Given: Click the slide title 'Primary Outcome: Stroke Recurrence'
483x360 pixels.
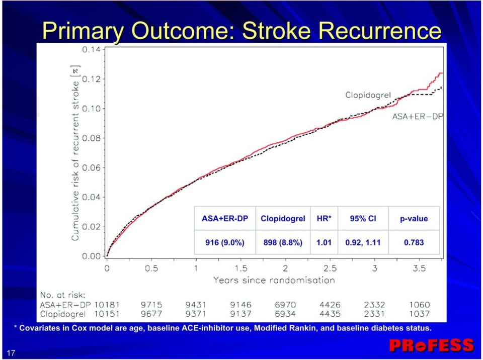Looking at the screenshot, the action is [242, 31].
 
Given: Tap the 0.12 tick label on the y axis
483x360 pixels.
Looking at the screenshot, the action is [91, 79].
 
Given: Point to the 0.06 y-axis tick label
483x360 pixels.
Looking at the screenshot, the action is [91, 168].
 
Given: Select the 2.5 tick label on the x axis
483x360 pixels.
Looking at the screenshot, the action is [330, 268].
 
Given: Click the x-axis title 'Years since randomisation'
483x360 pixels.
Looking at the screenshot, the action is [274, 280].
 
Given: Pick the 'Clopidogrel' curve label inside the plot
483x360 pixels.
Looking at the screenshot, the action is [368, 95].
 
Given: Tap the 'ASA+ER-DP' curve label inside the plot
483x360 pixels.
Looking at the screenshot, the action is [418, 117].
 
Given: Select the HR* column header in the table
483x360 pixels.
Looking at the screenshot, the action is [324, 219].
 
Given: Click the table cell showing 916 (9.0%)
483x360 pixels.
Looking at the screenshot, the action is [225, 243].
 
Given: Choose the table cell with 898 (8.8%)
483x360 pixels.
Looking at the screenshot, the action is [283, 243].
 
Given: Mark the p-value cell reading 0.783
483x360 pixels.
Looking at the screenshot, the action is [414, 243].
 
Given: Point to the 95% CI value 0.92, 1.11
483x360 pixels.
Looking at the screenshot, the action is [363, 243].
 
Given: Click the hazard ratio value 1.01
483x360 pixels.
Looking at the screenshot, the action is [324, 243].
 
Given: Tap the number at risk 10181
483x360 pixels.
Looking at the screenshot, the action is [107, 305].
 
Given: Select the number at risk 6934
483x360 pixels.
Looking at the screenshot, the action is [285, 314].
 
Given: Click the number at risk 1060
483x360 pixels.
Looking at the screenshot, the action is [419, 305].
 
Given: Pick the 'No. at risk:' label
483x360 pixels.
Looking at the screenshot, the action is [62, 295].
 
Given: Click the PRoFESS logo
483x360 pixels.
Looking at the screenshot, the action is [432, 345].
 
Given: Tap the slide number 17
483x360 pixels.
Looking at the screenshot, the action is [11, 353].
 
